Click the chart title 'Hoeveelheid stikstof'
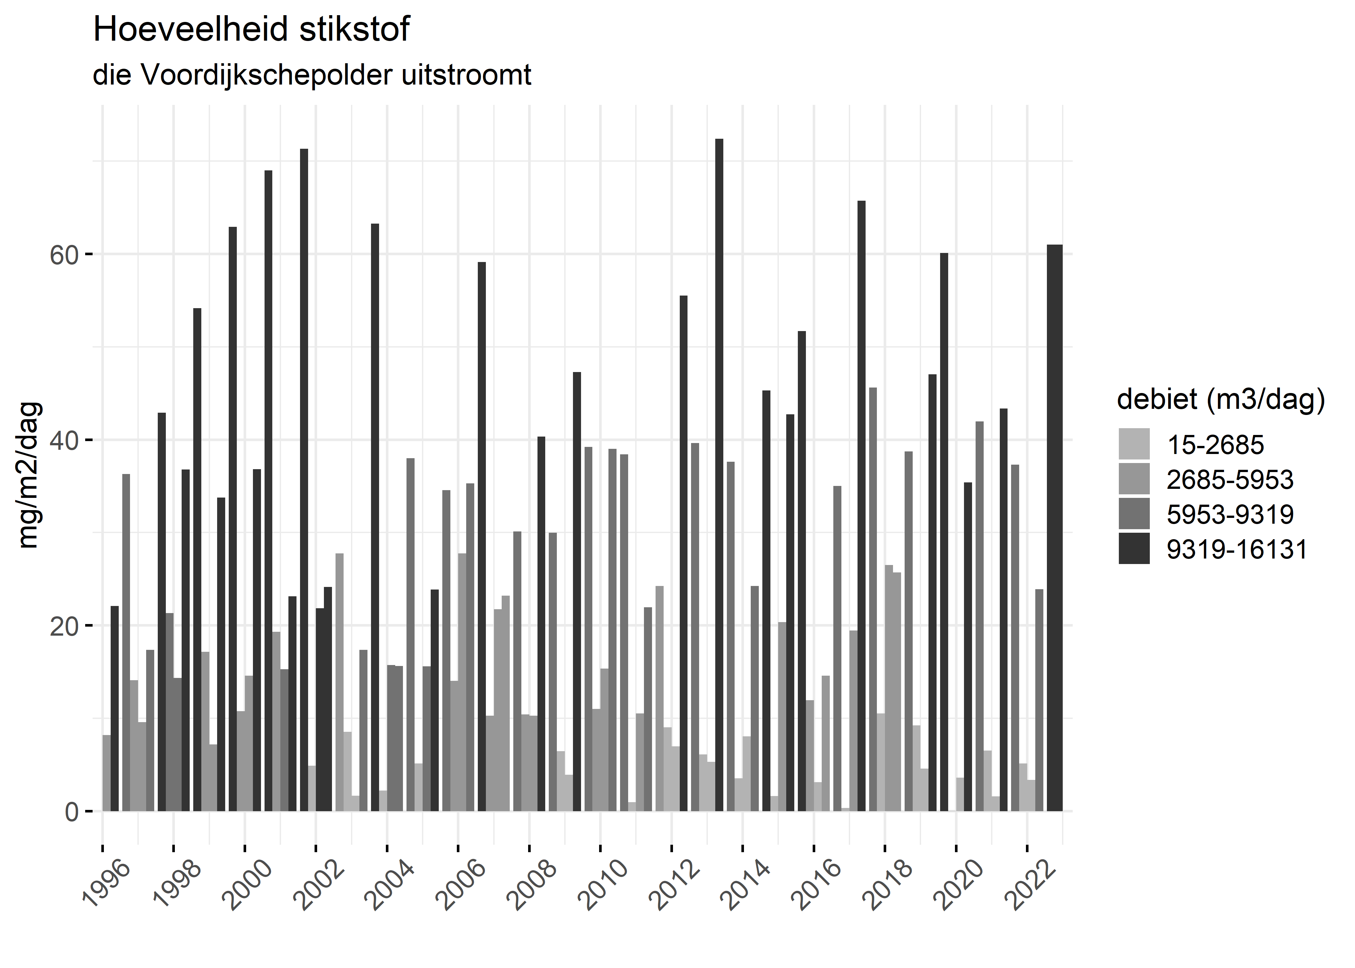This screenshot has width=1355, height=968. tap(251, 30)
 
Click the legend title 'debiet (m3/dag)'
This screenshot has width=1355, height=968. tap(1221, 399)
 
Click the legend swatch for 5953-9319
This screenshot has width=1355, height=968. tap(1134, 514)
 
